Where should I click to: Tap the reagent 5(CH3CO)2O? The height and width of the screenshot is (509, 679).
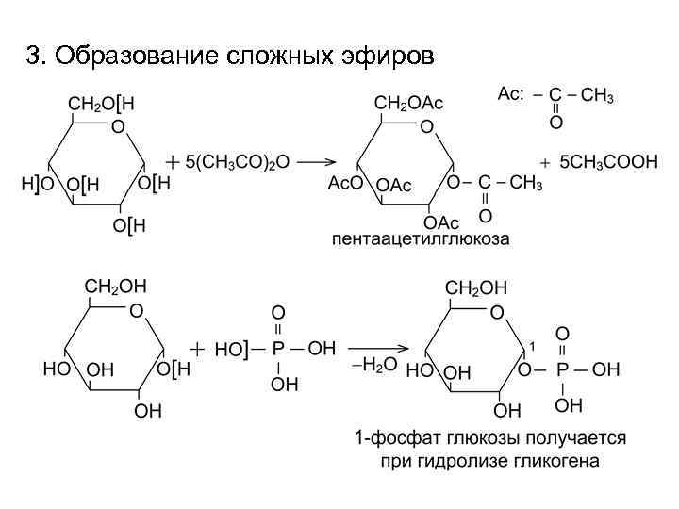click(x=237, y=161)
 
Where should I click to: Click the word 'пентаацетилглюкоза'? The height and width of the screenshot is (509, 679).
click(x=421, y=239)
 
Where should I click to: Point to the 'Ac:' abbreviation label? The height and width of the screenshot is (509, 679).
click(x=510, y=93)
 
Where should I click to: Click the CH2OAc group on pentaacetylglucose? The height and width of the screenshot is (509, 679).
click(x=409, y=102)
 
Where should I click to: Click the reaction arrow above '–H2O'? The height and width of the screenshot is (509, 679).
click(x=374, y=348)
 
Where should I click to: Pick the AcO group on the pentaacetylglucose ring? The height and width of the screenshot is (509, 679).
click(x=345, y=183)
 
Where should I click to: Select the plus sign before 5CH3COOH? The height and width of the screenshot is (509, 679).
click(x=544, y=161)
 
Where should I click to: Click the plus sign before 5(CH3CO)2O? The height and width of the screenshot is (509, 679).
click(x=174, y=161)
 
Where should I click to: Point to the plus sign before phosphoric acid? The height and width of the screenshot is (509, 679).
click(x=197, y=348)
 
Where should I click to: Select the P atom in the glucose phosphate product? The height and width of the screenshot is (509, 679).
click(x=562, y=369)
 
